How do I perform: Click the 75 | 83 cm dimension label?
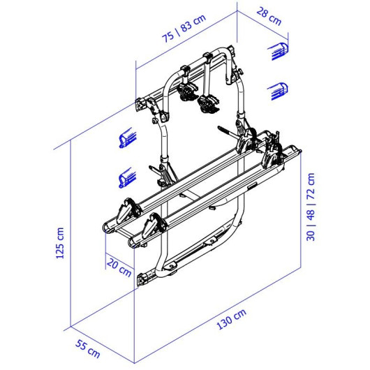tap(184, 29)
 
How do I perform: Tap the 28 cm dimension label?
tap(269, 17)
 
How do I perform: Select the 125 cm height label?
tap(60, 243)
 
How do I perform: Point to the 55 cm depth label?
tap(88, 349)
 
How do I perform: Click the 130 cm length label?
tap(231, 319)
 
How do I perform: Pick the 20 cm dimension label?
tap(119, 267)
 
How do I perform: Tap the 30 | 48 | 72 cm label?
tap(311, 207)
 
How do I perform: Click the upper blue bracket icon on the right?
tap(279, 51)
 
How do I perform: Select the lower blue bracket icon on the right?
tap(278, 91)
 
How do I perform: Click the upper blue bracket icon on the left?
tap(128, 138)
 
